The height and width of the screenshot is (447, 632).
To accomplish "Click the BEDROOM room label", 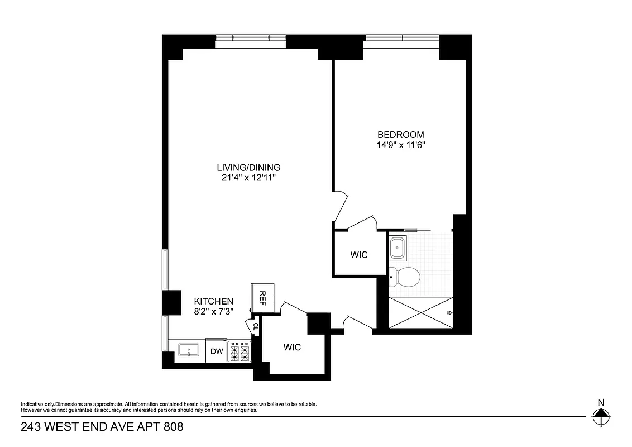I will (400, 135).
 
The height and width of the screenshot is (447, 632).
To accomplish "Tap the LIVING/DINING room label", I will (248, 168).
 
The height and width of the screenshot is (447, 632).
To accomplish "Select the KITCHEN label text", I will (213, 301).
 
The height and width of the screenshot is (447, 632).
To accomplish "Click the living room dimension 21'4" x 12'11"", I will (248, 178).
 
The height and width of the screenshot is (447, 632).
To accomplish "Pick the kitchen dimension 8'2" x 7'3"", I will (213, 311).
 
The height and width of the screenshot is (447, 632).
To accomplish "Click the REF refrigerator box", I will (261, 298).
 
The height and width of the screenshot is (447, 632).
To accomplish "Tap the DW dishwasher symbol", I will (216, 351).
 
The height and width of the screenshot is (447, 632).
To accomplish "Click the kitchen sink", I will (189, 351).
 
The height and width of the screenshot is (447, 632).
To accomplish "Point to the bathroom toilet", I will (405, 276).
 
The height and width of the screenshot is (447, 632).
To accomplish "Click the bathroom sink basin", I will (399, 247).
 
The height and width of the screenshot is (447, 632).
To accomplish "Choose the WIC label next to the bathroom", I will (359, 255).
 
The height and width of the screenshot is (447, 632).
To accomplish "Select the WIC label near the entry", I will (291, 347).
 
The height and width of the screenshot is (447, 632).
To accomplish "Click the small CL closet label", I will (256, 326).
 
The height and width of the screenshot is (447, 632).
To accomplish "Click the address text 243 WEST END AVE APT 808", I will (102, 427).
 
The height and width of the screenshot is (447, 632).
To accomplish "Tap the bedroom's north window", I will (402, 38).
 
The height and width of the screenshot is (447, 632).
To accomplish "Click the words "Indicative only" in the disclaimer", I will (37, 404).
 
